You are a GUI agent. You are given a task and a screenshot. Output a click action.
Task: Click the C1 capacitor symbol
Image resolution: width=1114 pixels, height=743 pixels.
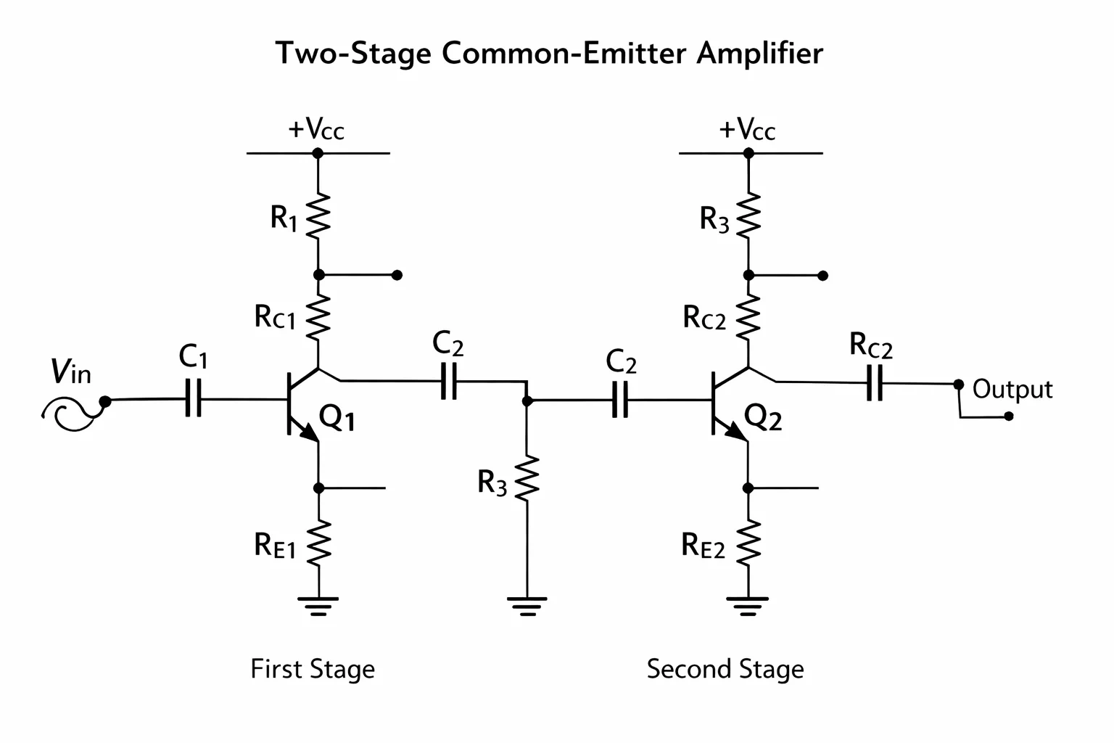coord(193,398)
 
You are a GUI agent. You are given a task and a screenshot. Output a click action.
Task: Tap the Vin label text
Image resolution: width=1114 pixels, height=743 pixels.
coord(70,371)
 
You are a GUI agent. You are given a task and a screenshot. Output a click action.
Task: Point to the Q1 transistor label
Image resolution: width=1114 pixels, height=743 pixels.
coord(337,417)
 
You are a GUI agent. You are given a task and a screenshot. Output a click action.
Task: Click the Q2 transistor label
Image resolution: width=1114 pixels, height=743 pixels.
coord(763,417)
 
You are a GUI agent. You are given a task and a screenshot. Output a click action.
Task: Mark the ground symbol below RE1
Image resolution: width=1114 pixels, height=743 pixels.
coord(318,606)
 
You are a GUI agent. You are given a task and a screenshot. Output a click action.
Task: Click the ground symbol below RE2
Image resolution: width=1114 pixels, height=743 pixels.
coord(748,606)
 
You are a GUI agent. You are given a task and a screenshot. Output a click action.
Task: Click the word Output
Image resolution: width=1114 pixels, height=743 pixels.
coord(1012,390)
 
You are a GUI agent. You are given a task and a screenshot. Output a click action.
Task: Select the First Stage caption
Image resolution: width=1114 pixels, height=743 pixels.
coord(313,668)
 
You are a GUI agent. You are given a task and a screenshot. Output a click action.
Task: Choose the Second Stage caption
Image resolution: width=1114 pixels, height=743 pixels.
coord(725,668)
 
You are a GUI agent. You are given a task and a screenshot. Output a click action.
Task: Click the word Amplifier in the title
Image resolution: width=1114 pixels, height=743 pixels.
coord(759,54)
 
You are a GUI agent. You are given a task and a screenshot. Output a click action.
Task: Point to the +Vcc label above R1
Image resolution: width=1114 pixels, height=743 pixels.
coord(315,128)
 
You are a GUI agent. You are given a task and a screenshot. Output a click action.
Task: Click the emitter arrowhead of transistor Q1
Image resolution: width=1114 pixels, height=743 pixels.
coord(310,432)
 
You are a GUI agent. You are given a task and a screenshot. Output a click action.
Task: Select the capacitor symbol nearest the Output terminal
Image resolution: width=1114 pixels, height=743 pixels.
coord(874,382)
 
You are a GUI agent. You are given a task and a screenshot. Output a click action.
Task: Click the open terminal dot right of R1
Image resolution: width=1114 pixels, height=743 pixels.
coord(397,275)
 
